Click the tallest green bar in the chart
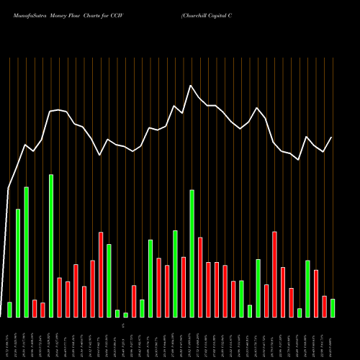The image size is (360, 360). tap(51, 246)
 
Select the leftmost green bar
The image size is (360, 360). tap(9, 310)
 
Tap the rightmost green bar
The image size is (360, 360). tap(333, 308)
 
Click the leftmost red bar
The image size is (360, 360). tap(35, 309)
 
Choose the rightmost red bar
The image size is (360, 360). tap(324, 307)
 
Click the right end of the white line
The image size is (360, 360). tap(332, 137)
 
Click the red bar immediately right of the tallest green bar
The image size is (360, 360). tap(59, 297)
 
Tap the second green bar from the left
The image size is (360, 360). tap(18, 263)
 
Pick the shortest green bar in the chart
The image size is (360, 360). tap(125, 315)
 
